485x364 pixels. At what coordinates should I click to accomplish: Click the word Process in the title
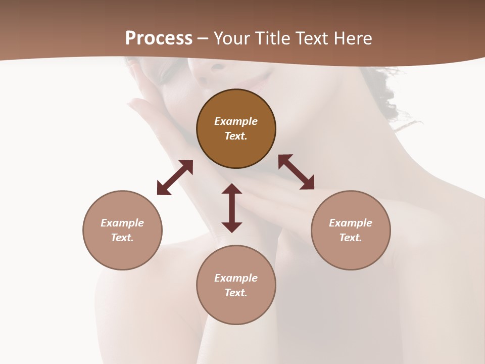pos(159,38)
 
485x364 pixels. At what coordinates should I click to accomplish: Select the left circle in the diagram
pos(122,253)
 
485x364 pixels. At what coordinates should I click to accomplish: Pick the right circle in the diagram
pos(351,253)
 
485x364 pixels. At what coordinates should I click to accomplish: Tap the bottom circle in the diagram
pos(236,308)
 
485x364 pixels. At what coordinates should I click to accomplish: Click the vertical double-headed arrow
pos(232,208)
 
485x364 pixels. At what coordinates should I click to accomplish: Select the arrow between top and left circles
pos(175,177)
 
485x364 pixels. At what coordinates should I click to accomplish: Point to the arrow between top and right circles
pos(296,172)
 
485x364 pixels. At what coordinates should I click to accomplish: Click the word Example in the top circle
pos(236,121)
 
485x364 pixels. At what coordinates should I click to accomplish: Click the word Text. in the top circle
pos(236,136)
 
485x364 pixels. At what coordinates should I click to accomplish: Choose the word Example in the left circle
pos(122,223)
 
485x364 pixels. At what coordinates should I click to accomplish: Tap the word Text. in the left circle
pos(122,238)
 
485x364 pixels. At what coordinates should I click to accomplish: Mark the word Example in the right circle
pos(351,223)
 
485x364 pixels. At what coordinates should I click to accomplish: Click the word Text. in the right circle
pos(351,238)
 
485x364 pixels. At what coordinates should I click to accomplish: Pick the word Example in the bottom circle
pos(236,278)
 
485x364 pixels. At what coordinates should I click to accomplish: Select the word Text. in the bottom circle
pos(236,293)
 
